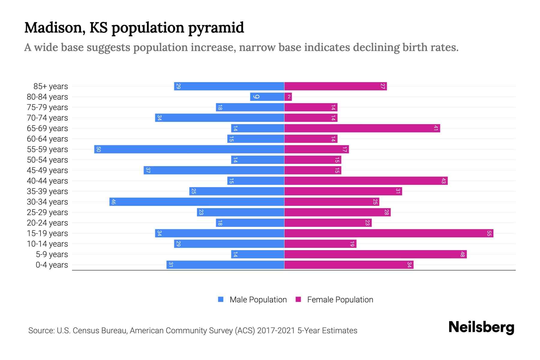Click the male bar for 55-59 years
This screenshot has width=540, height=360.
(x=189, y=149)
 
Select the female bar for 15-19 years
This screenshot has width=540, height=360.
(x=388, y=233)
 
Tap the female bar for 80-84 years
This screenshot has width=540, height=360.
(x=288, y=97)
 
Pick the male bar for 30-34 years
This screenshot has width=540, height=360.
(x=197, y=202)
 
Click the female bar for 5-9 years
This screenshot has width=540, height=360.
(x=375, y=254)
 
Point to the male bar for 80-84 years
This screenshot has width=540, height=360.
(x=267, y=97)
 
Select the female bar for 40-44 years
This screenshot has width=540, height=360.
(x=366, y=181)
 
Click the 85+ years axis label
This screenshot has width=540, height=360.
(x=51, y=86)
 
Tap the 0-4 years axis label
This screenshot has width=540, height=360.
(x=52, y=265)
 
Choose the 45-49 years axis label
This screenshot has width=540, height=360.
(x=47, y=170)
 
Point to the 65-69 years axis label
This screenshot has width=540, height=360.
(x=47, y=128)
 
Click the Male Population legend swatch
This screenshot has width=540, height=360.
(x=221, y=299)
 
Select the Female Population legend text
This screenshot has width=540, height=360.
(x=340, y=300)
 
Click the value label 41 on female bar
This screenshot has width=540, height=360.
(x=436, y=128)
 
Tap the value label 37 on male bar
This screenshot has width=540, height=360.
(x=148, y=170)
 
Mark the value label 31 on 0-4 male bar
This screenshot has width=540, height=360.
(x=170, y=265)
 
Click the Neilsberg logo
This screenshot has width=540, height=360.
(x=481, y=327)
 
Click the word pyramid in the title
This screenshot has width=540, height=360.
(x=216, y=28)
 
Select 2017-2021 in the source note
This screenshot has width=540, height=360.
(x=276, y=331)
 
